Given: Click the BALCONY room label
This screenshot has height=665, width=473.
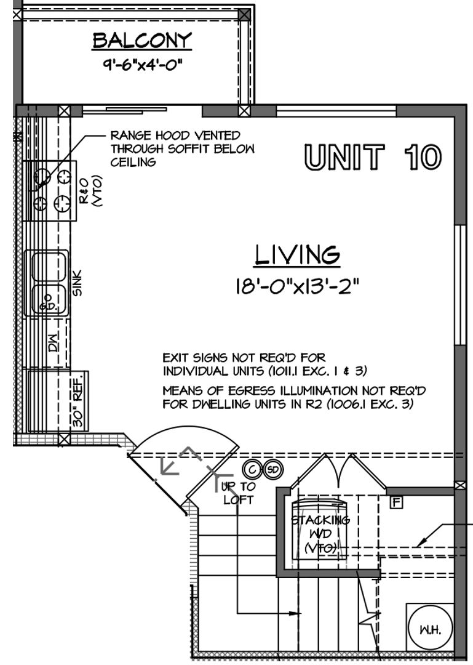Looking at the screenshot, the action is (x=142, y=41).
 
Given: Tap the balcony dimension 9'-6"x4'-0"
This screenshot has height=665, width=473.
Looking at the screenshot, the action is (x=143, y=65).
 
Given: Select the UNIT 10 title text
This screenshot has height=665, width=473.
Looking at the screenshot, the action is (x=373, y=157).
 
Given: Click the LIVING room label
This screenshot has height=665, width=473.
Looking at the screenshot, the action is (x=297, y=254).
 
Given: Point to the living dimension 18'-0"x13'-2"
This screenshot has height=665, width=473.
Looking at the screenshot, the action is (x=297, y=286).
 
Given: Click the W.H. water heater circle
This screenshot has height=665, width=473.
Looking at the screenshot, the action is (x=430, y=627).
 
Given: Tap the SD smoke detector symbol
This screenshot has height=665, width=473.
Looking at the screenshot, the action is (x=273, y=469).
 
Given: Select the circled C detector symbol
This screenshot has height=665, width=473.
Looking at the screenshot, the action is (x=252, y=469).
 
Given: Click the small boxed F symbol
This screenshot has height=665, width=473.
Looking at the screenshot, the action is (x=396, y=502).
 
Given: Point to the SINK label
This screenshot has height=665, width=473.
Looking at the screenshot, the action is (x=78, y=283).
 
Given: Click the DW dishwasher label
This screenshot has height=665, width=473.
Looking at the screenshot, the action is (x=53, y=343).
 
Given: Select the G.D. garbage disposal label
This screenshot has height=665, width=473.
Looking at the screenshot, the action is (x=47, y=304).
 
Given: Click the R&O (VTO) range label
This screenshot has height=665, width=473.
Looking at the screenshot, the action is (x=90, y=191).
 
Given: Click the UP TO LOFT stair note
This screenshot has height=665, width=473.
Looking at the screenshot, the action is (x=238, y=493).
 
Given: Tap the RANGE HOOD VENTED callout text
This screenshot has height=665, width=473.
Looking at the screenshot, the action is (x=183, y=148).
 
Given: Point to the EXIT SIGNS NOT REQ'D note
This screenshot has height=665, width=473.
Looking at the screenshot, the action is (x=265, y=365).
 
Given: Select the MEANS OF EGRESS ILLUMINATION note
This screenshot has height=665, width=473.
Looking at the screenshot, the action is (x=294, y=397).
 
